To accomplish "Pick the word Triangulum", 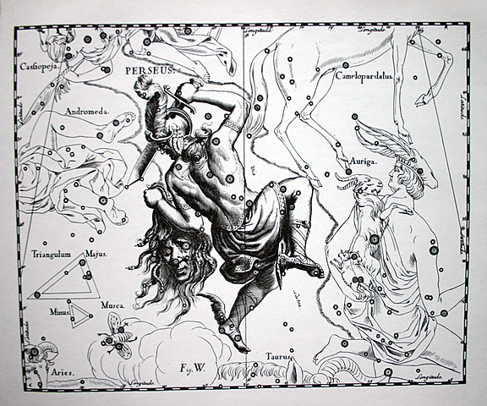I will pos(50,251).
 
